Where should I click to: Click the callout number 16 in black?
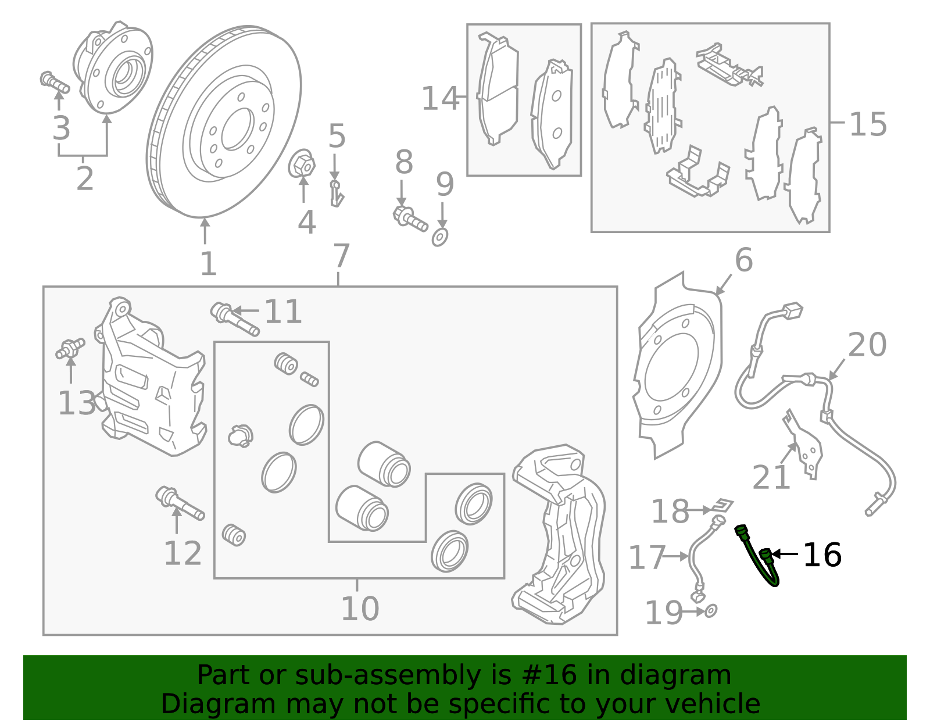(x=822, y=555)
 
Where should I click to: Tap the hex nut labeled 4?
(x=302, y=164)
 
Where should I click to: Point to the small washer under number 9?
(x=440, y=237)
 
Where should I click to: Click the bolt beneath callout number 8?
(x=410, y=219)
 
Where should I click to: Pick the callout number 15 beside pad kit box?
(x=868, y=124)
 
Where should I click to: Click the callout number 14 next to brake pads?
(x=440, y=99)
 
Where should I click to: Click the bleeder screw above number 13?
(x=70, y=348)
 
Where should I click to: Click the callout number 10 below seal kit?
(x=360, y=609)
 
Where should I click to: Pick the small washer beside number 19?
(x=710, y=611)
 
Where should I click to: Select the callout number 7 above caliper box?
(x=341, y=256)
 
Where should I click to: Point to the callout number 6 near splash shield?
(x=743, y=260)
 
